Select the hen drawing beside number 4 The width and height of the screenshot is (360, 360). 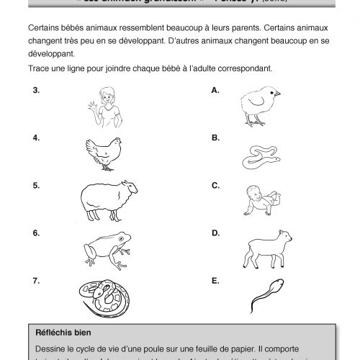[104, 153]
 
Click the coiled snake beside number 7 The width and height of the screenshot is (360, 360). [103, 295]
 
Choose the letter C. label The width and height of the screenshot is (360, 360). [215, 185]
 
